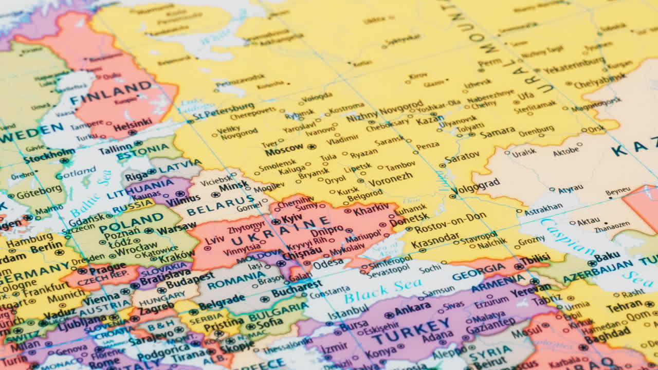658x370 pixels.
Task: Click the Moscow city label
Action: point(284,149)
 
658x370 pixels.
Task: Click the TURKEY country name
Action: point(411,331)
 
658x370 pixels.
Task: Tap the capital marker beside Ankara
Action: point(389,315)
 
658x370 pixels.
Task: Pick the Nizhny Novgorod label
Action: point(385,112)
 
